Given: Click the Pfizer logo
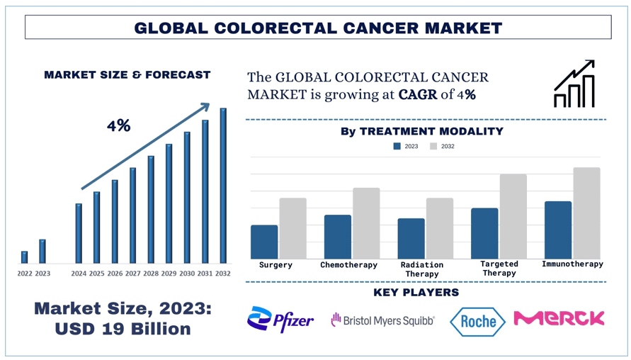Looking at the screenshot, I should pos(280,320).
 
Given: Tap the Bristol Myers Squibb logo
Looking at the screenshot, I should pos(382,321).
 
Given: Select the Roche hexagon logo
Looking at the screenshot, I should pos(478,322).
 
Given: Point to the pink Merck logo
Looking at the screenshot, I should pos(559,318).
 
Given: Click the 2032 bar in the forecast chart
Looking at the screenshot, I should pos(223,186).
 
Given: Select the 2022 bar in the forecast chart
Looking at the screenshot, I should pos(25,257).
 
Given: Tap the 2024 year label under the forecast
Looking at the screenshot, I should pos(79,274).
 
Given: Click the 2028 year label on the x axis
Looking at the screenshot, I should pos(151,274).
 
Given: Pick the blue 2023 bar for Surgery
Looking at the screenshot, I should pos(264,242).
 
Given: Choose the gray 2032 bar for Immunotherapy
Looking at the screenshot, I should pos(586,213).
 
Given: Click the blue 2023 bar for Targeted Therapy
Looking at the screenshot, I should pos(484,233).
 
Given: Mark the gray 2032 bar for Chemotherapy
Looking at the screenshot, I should pos(366,223).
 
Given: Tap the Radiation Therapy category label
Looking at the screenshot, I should pos(422,269).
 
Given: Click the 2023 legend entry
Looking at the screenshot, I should pos(406,147).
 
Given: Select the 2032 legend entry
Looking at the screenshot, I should pos(442,147).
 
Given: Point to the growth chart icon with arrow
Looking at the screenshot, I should pos(574,84).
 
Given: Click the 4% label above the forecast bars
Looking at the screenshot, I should pos(118,126).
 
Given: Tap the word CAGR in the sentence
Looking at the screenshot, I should pos(417,94).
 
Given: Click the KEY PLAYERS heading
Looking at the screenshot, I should pos(416,292).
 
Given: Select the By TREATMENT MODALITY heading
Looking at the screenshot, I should pos(421,131).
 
